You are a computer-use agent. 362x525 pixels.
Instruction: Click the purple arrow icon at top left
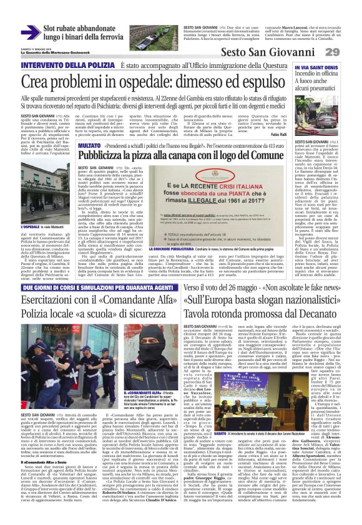pos(30,32)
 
